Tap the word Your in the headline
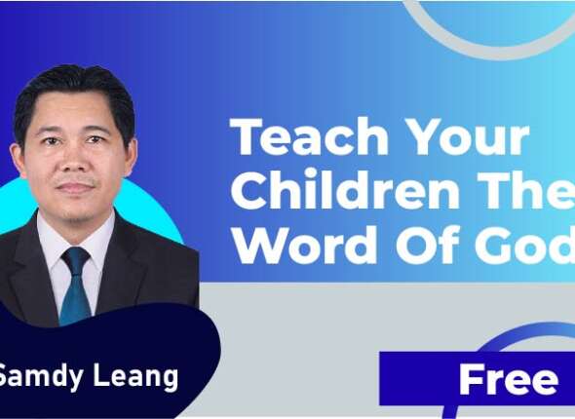pyautogui.click(x=466, y=138)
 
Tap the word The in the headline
pyautogui.click(x=540, y=192)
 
